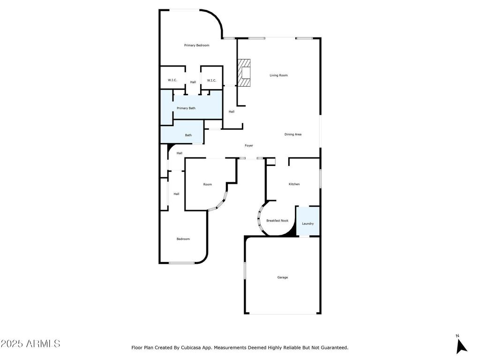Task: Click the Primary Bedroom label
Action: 196,45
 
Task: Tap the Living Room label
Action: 278,75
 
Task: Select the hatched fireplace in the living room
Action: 244,73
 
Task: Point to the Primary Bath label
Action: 186,108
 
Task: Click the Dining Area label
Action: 293,135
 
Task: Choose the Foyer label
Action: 249,146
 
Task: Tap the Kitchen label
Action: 294,184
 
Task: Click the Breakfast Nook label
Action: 277,221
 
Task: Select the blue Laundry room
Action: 308,221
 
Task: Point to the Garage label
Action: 283,277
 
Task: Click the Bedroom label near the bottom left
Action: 183,239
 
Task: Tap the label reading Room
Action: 208,184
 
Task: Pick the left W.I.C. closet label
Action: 172,80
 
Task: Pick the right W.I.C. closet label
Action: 211,81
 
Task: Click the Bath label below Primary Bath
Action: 188,135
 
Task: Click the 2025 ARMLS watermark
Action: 30,344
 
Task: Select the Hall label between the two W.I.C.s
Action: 193,82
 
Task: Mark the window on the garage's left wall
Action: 245,270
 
